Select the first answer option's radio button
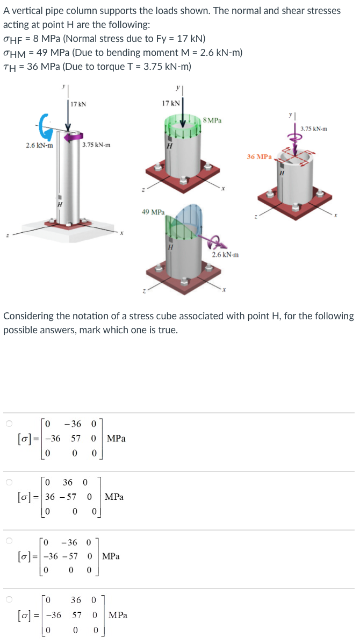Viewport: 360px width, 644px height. click(9, 424)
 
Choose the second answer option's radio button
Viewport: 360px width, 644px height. click(9, 482)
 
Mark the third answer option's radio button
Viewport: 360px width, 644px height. click(9, 540)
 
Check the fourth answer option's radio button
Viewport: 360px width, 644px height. click(9, 599)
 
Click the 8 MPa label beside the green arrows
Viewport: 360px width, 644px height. click(213, 120)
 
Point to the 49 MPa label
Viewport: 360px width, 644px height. click(153, 212)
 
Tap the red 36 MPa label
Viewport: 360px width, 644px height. click(259, 157)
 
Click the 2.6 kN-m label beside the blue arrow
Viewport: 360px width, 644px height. click(40, 145)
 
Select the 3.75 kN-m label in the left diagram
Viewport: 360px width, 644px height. click(97, 145)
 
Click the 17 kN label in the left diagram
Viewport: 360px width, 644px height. click(78, 104)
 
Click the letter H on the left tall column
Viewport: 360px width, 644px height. click(60, 204)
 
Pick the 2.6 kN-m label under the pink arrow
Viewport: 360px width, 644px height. click(226, 254)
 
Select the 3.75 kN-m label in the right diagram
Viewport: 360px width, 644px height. click(314, 129)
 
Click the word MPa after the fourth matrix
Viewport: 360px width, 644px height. click(118, 615)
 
